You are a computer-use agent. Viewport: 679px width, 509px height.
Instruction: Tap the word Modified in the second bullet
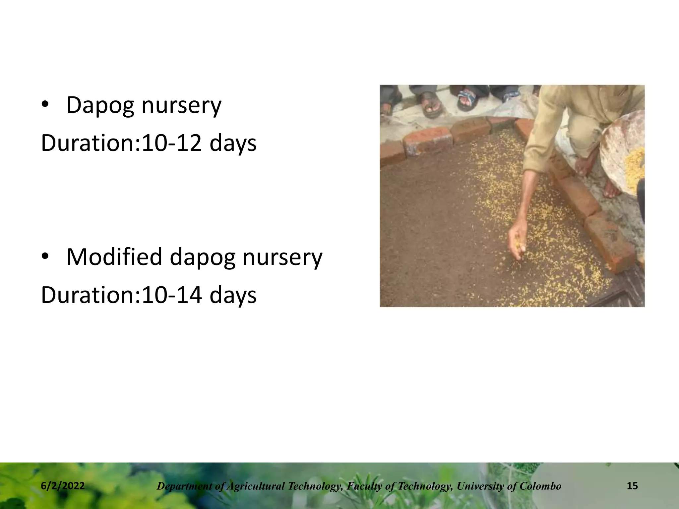pyautogui.click(x=114, y=257)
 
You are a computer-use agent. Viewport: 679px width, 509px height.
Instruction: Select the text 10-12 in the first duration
pyautogui.click(x=172, y=143)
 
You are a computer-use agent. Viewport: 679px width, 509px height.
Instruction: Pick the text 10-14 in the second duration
pyautogui.click(x=172, y=295)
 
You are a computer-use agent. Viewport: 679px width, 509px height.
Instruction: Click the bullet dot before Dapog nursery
pyautogui.click(x=45, y=105)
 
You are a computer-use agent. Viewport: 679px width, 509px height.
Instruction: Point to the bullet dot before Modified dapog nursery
pyautogui.click(x=45, y=257)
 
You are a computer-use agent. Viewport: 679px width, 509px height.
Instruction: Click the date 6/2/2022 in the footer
pyautogui.click(x=63, y=486)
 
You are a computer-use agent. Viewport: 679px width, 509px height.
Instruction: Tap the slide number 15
pyautogui.click(x=632, y=486)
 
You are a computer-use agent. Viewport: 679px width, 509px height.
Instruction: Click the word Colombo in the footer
pyautogui.click(x=540, y=486)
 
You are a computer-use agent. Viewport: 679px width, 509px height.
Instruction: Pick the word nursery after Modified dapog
pyautogui.click(x=282, y=257)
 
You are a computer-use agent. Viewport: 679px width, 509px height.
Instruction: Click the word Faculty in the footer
pyautogui.click(x=362, y=486)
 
